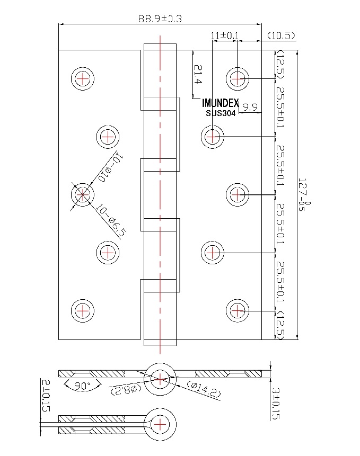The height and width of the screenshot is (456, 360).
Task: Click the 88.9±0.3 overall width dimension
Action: coord(160,19)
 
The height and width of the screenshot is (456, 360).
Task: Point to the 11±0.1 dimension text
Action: coord(225,35)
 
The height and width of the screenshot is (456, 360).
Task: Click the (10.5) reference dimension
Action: coord(281,35)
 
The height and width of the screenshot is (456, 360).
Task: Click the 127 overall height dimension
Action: coord(303,195)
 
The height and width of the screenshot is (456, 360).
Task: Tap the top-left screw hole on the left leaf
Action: coord(83,79)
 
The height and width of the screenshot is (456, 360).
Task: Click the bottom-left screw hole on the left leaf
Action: coord(83,310)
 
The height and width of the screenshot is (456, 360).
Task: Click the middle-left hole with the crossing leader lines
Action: coord(83,195)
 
